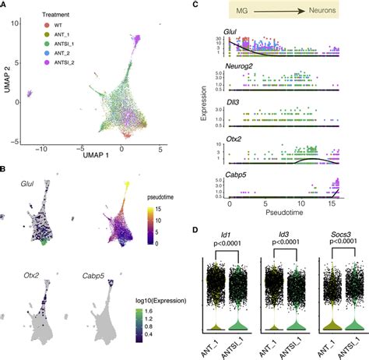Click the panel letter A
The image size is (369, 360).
tap(5, 6)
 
